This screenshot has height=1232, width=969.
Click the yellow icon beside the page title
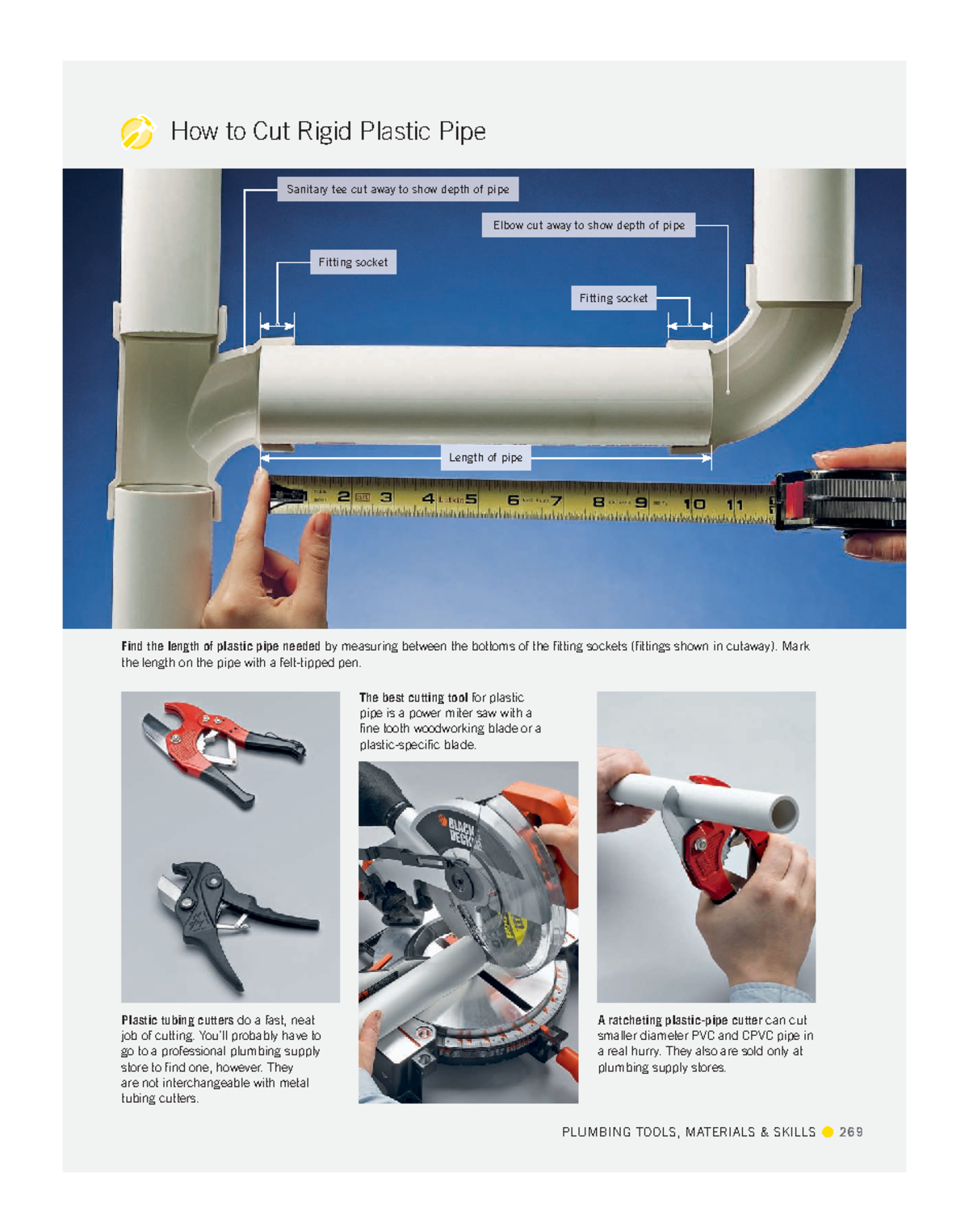tap(136, 132)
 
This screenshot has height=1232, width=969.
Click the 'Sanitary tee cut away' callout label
tap(397, 189)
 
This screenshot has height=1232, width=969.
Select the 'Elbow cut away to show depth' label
tap(588, 225)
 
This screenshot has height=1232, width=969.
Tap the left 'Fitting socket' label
tap(353, 262)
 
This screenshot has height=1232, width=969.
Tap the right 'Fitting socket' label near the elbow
tap(613, 298)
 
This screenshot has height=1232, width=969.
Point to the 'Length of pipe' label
tap(485, 458)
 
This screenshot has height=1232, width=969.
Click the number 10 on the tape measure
tap(694, 505)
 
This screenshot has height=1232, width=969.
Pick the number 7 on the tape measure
tap(556, 501)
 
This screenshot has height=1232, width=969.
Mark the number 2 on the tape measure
tap(343, 497)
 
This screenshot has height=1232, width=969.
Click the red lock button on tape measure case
tap(793, 500)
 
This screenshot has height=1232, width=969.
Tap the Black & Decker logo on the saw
tap(459, 832)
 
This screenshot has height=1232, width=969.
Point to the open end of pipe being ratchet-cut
tap(782, 814)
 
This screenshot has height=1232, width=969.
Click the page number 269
tap(850, 1132)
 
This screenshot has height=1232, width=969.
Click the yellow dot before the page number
tap(828, 1132)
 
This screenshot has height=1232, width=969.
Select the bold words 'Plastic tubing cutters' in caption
tap(177, 1020)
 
